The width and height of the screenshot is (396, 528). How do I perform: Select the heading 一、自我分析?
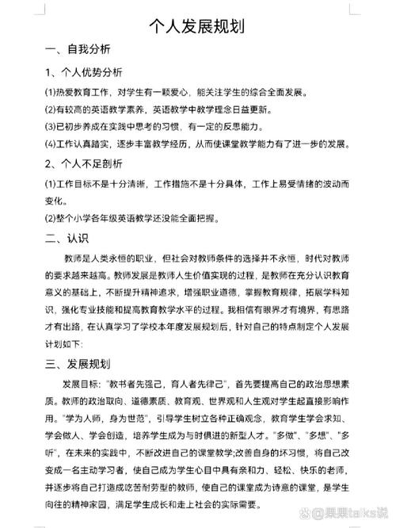pos(78,50)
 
